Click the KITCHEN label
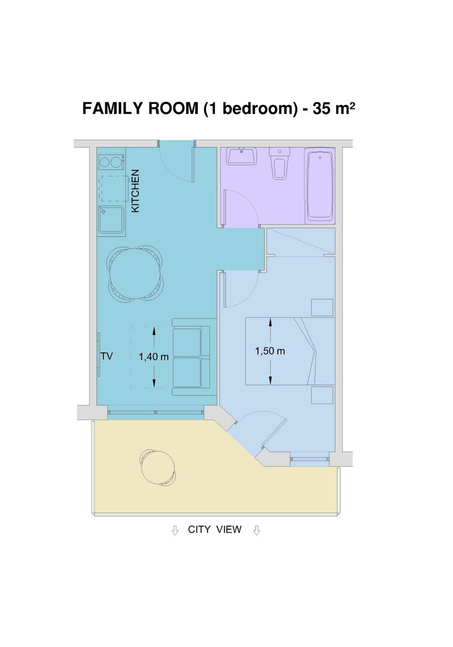click(135, 191)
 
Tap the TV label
click(107, 356)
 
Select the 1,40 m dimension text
click(153, 357)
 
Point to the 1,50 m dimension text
click(270, 351)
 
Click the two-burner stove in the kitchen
click(111, 162)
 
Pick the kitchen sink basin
click(111, 219)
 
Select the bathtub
click(320, 186)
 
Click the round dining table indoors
click(134, 273)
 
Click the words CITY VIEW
click(214, 529)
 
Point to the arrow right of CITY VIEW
click(256, 530)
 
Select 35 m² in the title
click(334, 108)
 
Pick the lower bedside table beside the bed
click(322, 395)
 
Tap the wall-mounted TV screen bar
click(99, 354)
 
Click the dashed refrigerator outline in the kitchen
click(115, 188)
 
